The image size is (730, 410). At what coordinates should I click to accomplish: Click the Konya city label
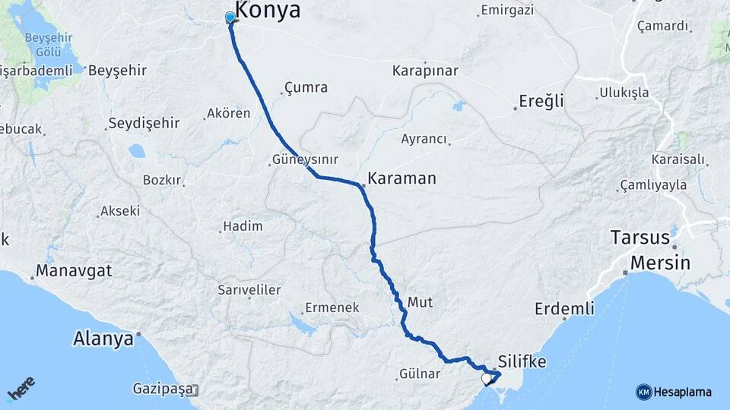(x=268, y=10)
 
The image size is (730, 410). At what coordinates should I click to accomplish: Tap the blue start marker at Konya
(x=230, y=17)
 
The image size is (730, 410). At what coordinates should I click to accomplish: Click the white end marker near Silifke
(x=487, y=377)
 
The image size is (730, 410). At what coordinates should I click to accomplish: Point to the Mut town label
(x=420, y=302)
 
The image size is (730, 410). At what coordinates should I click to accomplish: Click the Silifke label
(x=522, y=361)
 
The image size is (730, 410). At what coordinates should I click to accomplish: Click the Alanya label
(x=103, y=339)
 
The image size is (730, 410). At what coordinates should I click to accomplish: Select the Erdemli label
(x=563, y=309)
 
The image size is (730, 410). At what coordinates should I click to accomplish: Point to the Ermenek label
(x=332, y=307)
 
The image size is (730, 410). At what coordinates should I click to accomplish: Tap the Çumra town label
(x=306, y=87)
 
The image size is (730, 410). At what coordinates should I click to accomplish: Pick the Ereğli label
(x=541, y=101)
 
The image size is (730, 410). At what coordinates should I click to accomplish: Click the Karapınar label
(x=425, y=71)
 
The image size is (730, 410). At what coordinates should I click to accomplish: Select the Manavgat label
(x=74, y=271)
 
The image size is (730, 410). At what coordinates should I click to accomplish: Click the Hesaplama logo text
(x=683, y=392)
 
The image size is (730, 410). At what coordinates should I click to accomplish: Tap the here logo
(x=21, y=388)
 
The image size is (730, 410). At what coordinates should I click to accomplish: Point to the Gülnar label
(x=419, y=374)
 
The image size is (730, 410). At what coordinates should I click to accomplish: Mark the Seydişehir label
(x=144, y=122)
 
